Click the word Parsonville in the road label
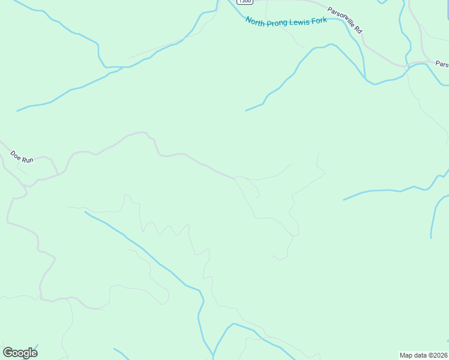click(341, 16)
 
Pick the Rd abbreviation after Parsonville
click(359, 29)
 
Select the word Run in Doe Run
click(28, 160)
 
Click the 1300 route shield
click(244, 1)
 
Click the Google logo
click(20, 353)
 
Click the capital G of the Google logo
click(8, 353)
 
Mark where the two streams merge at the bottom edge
click(214, 355)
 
